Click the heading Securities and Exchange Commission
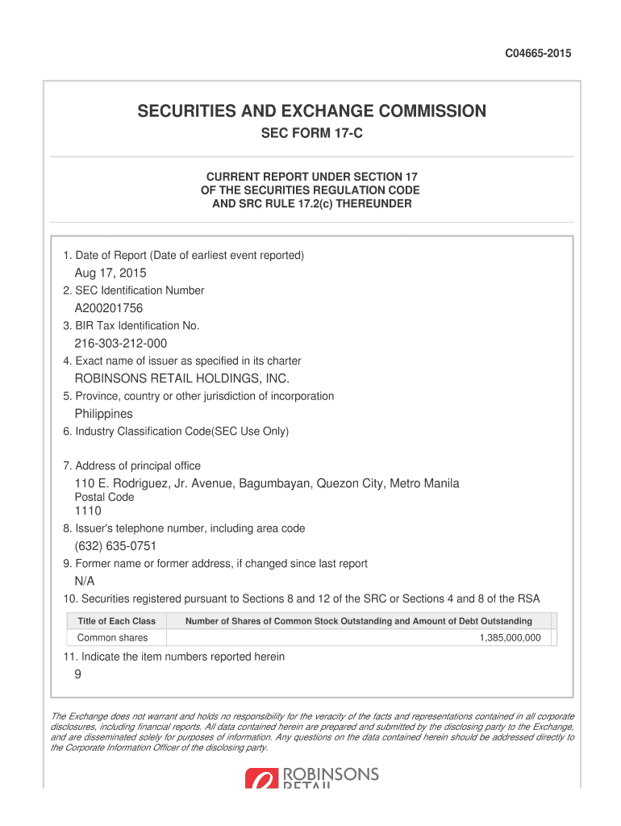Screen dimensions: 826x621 click(311, 111)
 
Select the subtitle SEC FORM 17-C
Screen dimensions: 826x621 click(311, 134)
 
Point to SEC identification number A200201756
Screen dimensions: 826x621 click(109, 308)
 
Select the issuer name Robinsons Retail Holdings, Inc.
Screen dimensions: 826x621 click(181, 378)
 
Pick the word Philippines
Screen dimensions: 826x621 click(103, 414)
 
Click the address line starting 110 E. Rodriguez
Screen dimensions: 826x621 click(267, 483)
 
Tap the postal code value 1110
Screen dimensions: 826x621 click(88, 511)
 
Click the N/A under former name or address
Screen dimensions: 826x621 click(85, 582)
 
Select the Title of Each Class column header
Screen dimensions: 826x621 click(116, 621)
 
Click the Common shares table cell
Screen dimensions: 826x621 click(113, 638)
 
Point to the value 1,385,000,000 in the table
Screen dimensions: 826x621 click(510, 638)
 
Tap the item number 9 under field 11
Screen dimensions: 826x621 click(77, 676)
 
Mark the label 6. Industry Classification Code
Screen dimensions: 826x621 click(176, 432)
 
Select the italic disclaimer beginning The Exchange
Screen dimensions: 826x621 click(311, 732)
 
